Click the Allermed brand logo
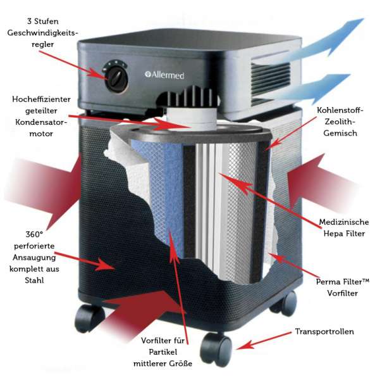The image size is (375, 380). (x=167, y=75)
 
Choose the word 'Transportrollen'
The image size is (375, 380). (x=324, y=332)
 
